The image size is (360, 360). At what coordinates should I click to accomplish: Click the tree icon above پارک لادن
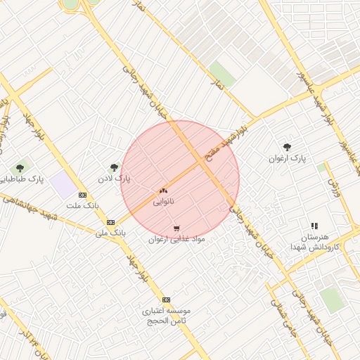tap(115, 167)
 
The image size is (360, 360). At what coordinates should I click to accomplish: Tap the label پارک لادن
tap(115, 179)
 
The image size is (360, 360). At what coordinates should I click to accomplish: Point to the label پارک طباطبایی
tap(22, 179)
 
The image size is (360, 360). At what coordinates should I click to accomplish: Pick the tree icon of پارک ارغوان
tap(287, 147)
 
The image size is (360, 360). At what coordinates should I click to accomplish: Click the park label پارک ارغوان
tap(288, 158)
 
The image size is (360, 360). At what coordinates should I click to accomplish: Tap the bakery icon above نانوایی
tap(164, 190)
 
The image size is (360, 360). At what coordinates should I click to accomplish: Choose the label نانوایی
tap(164, 201)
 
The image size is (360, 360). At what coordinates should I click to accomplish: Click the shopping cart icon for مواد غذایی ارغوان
tap(176, 228)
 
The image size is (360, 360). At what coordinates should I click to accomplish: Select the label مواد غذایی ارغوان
tap(176, 239)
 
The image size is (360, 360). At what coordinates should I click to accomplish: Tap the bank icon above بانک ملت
tap(83, 195)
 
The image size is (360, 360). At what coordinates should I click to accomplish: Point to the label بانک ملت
tap(83, 205)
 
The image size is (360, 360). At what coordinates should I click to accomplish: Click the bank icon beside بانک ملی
tap(110, 222)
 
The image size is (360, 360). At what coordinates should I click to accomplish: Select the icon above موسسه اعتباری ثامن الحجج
tap(167, 299)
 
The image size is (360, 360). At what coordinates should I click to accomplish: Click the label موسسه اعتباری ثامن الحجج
tap(167, 315)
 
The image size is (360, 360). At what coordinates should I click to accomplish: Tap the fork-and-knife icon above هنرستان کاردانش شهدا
tap(314, 226)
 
